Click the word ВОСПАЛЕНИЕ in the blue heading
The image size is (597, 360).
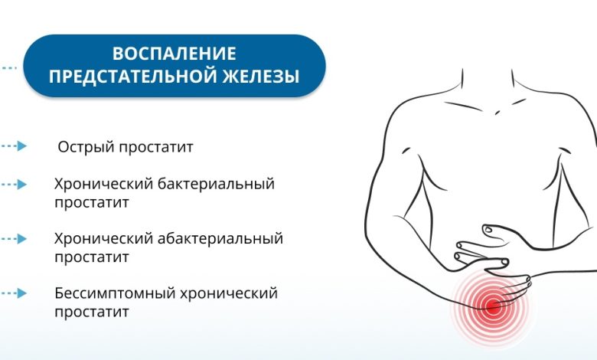pyautogui.click(x=175, y=54)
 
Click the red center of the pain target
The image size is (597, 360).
pyautogui.click(x=492, y=308)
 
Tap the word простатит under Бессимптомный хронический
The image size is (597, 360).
pyautogui.click(x=91, y=312)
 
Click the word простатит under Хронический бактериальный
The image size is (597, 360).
pyautogui.click(x=91, y=203)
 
